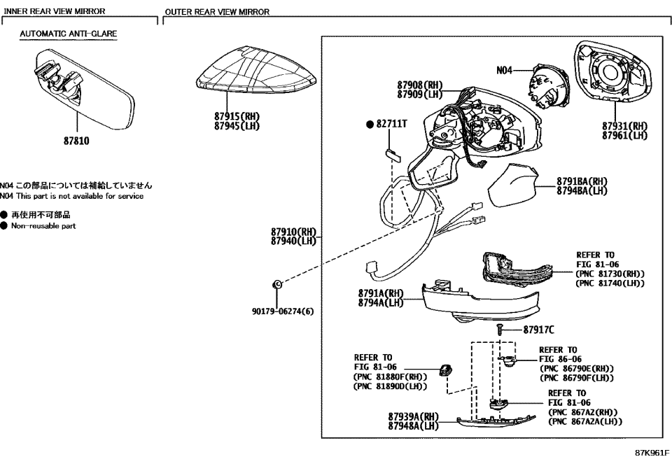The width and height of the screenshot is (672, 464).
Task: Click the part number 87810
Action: [x=76, y=140]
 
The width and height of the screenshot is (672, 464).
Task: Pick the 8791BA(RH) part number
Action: [x=581, y=181]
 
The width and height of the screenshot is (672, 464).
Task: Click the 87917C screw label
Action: [x=538, y=328]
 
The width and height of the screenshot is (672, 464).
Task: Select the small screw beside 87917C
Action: [x=500, y=328]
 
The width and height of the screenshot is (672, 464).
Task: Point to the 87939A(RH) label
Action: [x=413, y=416]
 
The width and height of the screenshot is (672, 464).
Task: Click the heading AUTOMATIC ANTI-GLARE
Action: [x=68, y=33]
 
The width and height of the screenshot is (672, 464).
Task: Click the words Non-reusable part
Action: [x=43, y=226]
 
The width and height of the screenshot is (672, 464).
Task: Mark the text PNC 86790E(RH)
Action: [x=576, y=368]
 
